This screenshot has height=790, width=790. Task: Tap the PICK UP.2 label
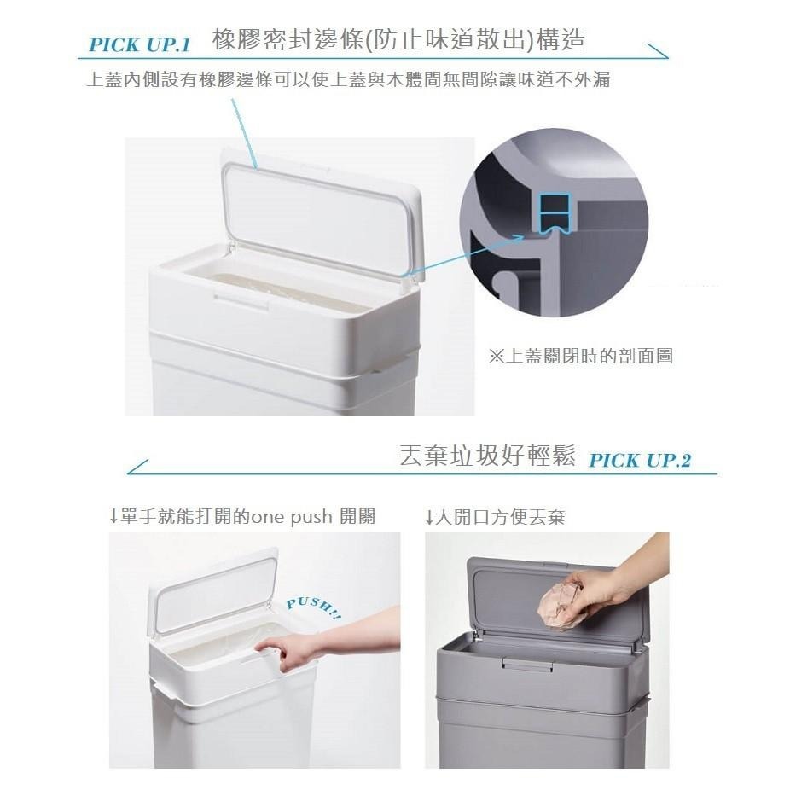pyautogui.click(x=640, y=461)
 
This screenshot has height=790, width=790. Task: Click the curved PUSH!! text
pyautogui.click(x=313, y=608)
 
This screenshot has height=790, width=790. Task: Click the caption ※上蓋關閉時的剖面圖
pyautogui.click(x=580, y=356)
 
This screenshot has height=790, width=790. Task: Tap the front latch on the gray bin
pyautogui.click(x=527, y=663)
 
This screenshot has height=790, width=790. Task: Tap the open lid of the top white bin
pyautogui.click(x=322, y=213)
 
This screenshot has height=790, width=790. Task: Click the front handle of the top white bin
pyautogui.click(x=241, y=300)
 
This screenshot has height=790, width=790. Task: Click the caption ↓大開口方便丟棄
pyautogui.click(x=494, y=517)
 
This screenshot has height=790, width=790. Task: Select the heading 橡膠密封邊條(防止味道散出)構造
pyautogui.click(x=398, y=40)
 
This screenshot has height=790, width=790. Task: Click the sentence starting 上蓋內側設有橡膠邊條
pyautogui.click(x=348, y=80)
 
